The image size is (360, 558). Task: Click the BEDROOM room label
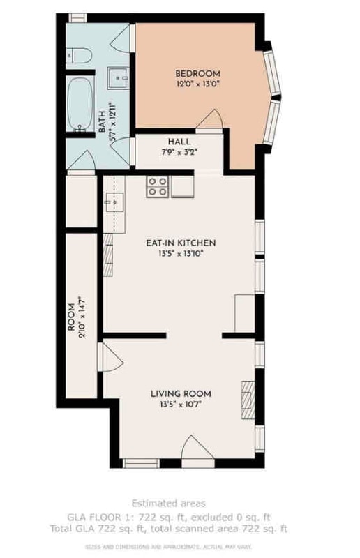tap(197, 73)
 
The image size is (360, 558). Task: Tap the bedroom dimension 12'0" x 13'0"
tap(197, 84)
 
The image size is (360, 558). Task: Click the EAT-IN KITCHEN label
tap(181, 243)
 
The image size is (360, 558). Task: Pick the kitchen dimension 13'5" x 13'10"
tap(181, 254)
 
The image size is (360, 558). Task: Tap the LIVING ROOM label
tap(181, 393)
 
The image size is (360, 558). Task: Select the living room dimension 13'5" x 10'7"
tap(181, 405)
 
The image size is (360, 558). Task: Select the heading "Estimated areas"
tap(180, 503)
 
